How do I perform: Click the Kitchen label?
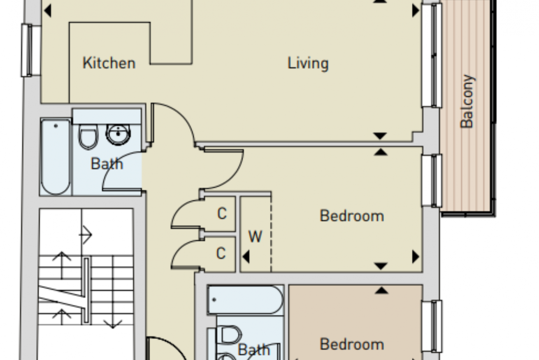(x=109, y=63)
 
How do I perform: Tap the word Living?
(x=308, y=64)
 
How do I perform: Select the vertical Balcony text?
(x=467, y=101)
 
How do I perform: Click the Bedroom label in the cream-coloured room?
(x=351, y=216)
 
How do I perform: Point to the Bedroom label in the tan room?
(x=351, y=344)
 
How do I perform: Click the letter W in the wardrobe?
(x=255, y=237)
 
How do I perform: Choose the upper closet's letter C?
(x=222, y=214)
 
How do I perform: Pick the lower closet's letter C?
(x=221, y=253)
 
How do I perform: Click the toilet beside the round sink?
(x=88, y=136)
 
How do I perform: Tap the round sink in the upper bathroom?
(x=118, y=135)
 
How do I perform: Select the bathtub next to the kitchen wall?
(x=56, y=157)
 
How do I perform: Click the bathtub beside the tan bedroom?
(x=245, y=300)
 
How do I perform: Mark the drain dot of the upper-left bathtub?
(x=56, y=126)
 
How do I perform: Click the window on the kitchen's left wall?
(x=31, y=50)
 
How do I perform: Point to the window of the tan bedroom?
(x=432, y=327)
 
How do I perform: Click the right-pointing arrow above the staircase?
(x=86, y=235)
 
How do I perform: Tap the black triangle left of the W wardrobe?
(x=246, y=257)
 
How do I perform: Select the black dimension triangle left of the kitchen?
(x=48, y=11)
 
